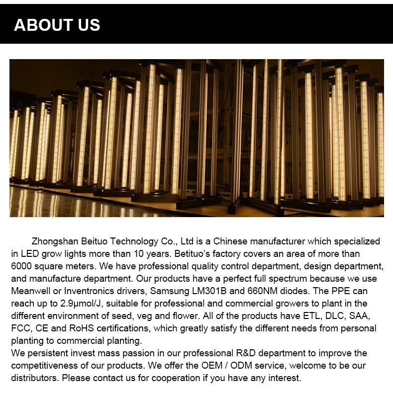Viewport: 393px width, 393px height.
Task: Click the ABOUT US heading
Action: (x=57, y=25)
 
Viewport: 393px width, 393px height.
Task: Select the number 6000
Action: (x=22, y=266)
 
